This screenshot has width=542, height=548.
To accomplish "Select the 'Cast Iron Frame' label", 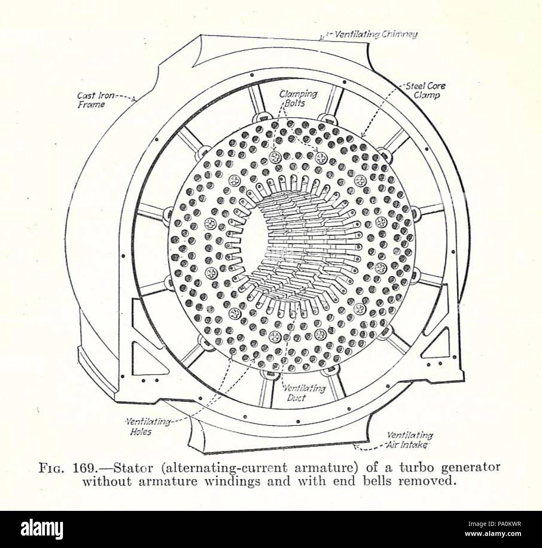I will pos(91,100).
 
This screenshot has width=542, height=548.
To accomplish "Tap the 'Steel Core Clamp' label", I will pos(424,91).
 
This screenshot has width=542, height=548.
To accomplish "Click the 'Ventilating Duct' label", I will pos(304,393).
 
